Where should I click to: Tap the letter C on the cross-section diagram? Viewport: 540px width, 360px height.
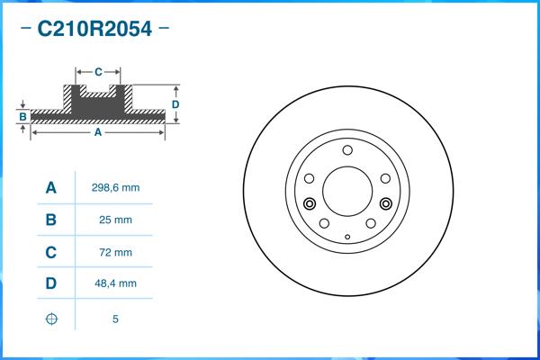coord(98,70)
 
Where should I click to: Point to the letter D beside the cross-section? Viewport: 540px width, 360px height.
coord(175,104)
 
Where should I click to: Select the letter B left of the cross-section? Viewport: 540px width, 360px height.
coord(22,117)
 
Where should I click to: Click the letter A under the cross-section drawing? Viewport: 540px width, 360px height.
coord(97,132)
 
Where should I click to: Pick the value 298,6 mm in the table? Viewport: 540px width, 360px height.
coord(115,187)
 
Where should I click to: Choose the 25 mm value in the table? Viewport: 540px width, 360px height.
coord(115,220)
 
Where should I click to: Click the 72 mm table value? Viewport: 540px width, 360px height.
coord(115,252)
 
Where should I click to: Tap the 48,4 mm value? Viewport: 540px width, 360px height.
coord(115,284)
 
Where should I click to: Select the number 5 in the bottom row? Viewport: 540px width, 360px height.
coord(115,319)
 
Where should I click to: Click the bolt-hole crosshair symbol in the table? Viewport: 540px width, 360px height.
coord(51,319)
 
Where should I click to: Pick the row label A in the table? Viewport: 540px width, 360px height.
coord(51,187)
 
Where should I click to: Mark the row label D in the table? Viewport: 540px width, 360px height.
coord(51,284)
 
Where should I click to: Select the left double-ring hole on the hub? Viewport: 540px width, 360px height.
coord(310,202)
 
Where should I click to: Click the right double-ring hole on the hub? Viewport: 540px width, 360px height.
coord(387,202)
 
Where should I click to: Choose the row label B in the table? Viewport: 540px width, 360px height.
coord(51,220)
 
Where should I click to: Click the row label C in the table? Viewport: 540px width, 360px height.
coord(51,252)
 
